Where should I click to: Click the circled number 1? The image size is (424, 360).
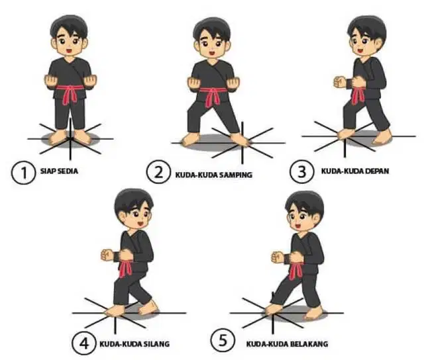click(24, 172)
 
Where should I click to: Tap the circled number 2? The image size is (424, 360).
click(159, 172)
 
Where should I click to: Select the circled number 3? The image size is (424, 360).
click(302, 171)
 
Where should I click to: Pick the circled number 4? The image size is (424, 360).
click(84, 343)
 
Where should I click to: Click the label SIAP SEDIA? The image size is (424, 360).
click(59, 171)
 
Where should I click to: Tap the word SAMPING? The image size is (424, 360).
click(236, 175)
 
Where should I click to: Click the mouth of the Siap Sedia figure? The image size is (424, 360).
click(69, 50)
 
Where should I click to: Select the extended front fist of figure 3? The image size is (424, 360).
click(339, 82)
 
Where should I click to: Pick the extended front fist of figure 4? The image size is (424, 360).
click(107, 255)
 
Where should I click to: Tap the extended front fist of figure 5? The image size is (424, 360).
click(277, 257)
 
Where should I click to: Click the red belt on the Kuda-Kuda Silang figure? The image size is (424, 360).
click(125, 267)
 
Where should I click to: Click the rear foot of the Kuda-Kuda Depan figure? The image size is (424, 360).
click(382, 136)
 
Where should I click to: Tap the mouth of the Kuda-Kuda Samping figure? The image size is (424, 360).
click(212, 52)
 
